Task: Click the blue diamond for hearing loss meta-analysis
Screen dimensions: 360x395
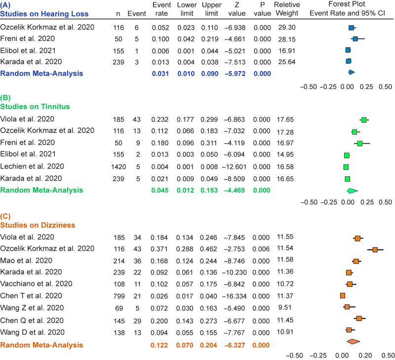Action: [351, 73]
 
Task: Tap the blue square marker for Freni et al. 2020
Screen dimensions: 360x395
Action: [355, 38]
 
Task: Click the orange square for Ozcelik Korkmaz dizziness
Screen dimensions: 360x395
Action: [375, 250]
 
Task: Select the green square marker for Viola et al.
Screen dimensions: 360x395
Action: [364, 119]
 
